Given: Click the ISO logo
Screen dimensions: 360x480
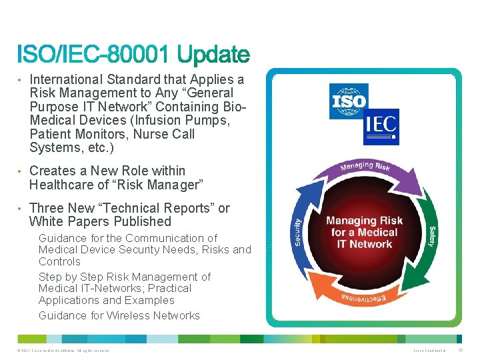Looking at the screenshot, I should (349, 101).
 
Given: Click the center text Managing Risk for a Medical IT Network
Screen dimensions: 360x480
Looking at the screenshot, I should (364, 232).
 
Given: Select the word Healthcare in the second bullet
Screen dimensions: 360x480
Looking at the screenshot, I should (65, 185).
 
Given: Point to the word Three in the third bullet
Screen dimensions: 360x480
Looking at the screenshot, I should (47, 208).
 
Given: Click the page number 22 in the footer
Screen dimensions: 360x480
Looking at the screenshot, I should (468, 350).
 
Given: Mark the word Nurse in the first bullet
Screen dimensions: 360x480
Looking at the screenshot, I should (152, 134).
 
